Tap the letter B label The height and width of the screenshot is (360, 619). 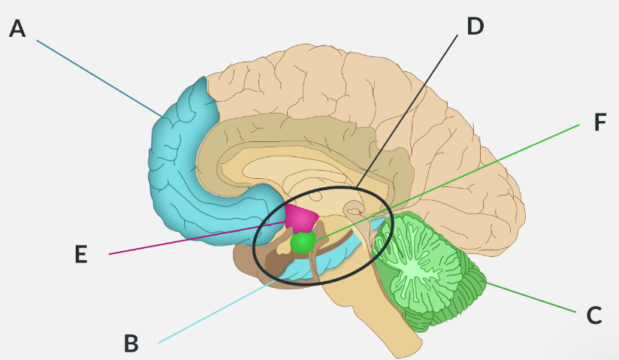(x=131, y=343)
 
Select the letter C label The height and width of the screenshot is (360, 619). (x=593, y=316)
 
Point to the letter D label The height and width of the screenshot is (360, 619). (x=475, y=26)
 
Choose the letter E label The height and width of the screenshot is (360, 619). (x=81, y=255)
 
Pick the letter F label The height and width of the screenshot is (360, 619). (x=599, y=123)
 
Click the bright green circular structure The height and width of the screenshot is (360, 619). (x=303, y=243)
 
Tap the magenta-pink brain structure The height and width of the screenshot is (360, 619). (x=301, y=217)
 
